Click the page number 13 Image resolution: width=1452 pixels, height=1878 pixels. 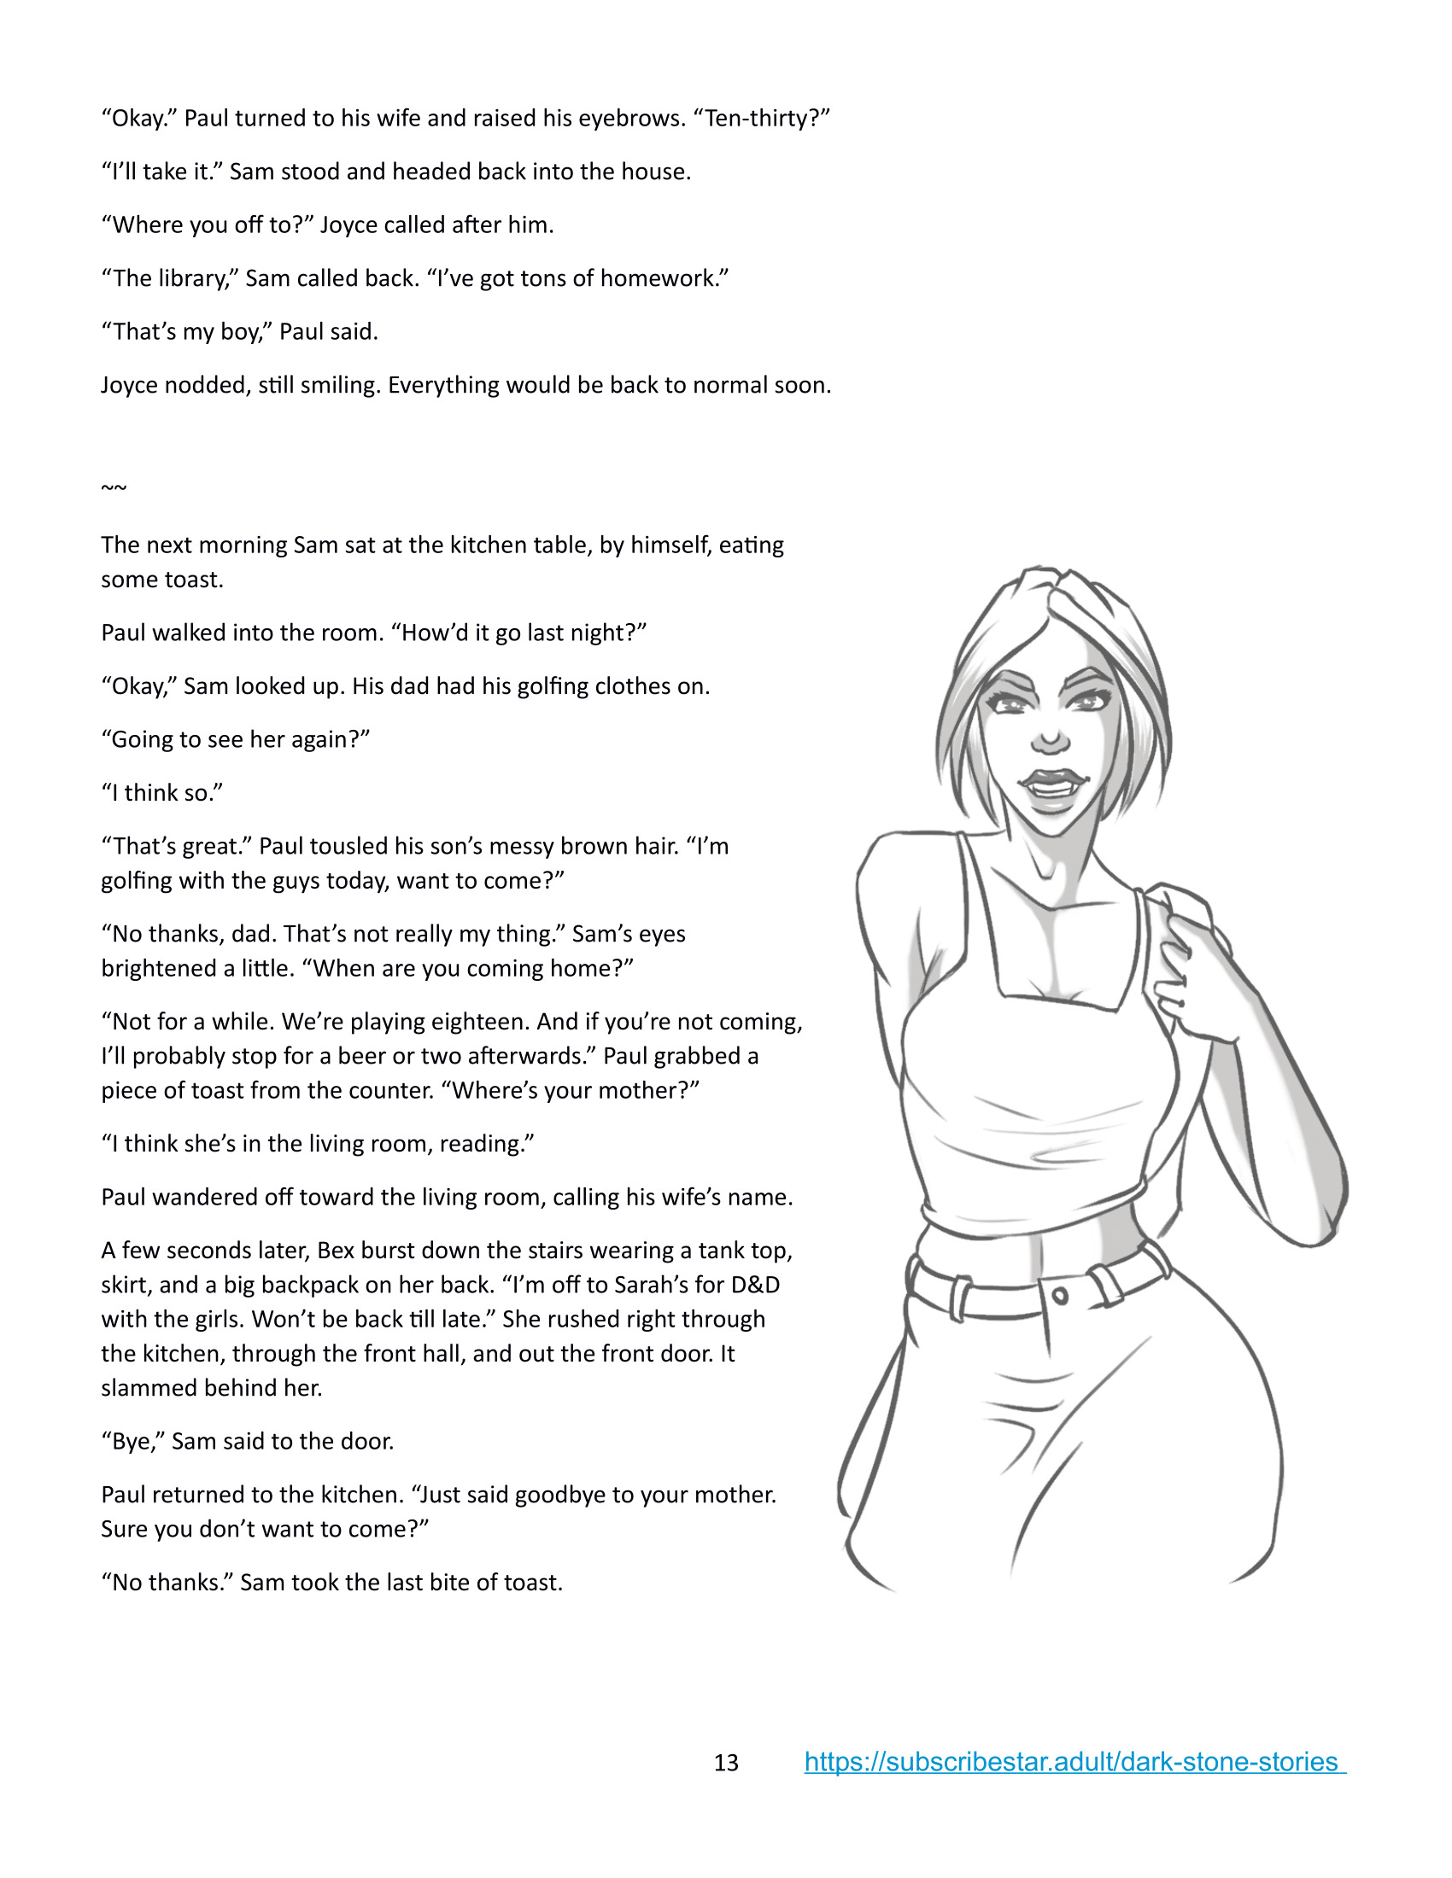(726, 1764)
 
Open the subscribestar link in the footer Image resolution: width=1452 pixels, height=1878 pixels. (1074, 1762)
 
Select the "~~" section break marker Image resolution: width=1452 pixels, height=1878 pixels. (114, 488)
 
